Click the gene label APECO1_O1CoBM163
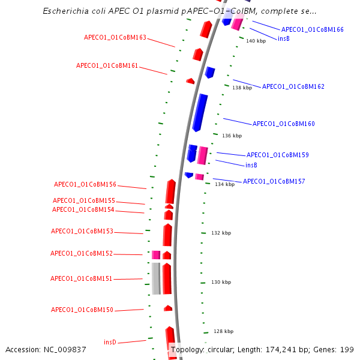click(115, 37)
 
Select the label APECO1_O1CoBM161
click(107, 65)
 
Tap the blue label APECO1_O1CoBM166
click(312, 29)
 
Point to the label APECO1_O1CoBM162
click(293, 86)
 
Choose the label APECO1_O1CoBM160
click(283, 124)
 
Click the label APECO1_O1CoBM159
click(277, 155)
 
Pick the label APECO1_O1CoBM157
click(274, 181)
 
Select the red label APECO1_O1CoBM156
click(85, 184)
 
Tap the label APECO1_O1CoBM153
click(82, 231)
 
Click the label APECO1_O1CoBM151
click(82, 278)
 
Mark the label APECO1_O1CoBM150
click(82, 310)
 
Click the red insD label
click(110, 342)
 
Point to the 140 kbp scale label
click(256, 41)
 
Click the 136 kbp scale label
click(232, 136)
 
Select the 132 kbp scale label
click(221, 233)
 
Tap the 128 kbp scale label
click(224, 331)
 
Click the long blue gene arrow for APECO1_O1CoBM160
click(200, 112)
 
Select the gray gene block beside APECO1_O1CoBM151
click(156, 278)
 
